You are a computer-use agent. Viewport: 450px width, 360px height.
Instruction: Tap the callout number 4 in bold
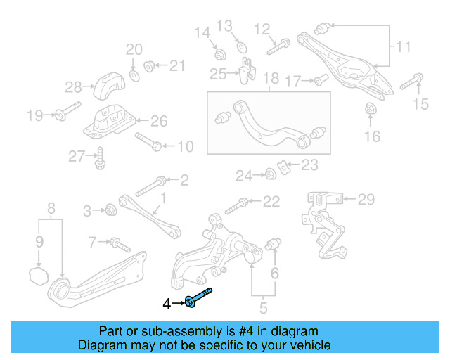[x=167, y=304]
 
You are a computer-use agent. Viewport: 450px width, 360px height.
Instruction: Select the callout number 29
[x=366, y=200]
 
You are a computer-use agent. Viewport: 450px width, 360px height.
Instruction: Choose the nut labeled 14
[x=218, y=53]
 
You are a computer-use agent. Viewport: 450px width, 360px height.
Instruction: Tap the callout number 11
[x=403, y=48]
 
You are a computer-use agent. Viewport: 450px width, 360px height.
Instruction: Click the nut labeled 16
[x=371, y=109]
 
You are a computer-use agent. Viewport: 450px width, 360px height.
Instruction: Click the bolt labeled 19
[x=62, y=114]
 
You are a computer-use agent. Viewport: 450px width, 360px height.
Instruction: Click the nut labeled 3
[x=109, y=209]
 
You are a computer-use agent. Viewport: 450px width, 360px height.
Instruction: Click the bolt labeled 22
[x=236, y=206]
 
